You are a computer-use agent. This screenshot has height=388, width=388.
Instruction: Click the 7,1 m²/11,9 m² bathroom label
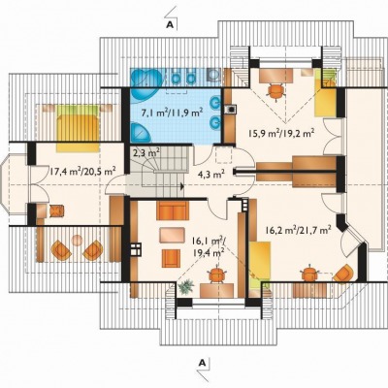click(x=173, y=113)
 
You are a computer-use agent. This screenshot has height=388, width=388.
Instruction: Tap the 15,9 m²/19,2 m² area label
click(x=282, y=133)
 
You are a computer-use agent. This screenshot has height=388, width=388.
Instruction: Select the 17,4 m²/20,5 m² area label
click(x=82, y=171)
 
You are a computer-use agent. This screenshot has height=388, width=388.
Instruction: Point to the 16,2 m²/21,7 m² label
click(x=298, y=230)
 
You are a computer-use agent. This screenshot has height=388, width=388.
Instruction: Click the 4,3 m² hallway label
click(x=211, y=175)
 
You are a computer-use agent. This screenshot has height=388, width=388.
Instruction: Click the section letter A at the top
click(x=170, y=24)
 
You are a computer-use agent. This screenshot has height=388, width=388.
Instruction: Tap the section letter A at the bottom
click(x=203, y=363)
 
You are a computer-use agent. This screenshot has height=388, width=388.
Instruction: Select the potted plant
click(x=185, y=286)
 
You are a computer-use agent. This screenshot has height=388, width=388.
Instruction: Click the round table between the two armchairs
click(x=77, y=240)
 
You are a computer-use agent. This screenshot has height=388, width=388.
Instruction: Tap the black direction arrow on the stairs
click(x=182, y=186)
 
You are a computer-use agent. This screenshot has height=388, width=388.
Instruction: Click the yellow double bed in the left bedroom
click(x=78, y=128)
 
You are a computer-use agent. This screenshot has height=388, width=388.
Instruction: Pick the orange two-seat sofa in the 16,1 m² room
click(x=173, y=210)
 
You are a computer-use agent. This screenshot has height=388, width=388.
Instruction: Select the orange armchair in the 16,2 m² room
click(x=343, y=273)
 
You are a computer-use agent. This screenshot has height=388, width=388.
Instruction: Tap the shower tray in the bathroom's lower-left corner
click(x=142, y=132)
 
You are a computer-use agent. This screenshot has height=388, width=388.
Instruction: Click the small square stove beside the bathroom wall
click(x=231, y=110)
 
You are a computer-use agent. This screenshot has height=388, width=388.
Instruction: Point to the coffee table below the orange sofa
click(x=173, y=235)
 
